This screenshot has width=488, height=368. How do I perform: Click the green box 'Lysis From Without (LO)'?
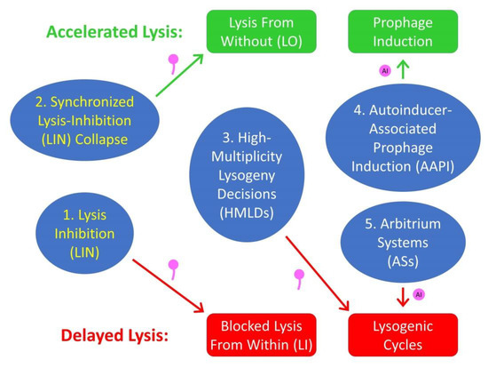point(262,31)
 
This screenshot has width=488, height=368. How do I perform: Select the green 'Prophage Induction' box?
point(403,31)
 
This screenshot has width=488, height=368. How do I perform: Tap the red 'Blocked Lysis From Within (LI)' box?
point(262,335)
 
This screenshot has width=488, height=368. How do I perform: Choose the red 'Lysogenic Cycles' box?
point(403,335)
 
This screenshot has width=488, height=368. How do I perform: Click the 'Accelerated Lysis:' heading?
point(114,32)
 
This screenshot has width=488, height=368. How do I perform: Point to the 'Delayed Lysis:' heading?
point(114,336)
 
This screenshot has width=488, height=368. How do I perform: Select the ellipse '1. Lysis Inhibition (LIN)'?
point(84,233)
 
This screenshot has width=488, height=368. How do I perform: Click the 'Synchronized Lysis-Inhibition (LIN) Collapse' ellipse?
point(84,120)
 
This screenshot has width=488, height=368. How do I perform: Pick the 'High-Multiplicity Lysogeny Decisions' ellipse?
point(247,174)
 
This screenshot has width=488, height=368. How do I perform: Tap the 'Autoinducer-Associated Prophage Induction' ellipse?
point(403,138)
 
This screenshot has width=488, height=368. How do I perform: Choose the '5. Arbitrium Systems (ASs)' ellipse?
point(403,242)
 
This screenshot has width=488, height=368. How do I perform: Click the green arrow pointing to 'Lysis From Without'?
point(179,75)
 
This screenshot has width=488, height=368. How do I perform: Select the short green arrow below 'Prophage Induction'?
point(403,69)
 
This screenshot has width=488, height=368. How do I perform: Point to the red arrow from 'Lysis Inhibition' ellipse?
point(168,285)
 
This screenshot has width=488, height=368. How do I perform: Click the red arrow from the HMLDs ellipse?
point(318,273)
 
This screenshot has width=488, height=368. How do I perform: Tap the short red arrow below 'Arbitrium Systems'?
point(403,297)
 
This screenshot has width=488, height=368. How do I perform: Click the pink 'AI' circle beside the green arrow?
point(385,71)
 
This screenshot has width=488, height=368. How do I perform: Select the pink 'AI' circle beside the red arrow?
point(419,294)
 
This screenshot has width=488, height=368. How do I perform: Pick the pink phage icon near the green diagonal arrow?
point(173,64)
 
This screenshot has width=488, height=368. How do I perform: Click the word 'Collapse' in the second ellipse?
point(101,140)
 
